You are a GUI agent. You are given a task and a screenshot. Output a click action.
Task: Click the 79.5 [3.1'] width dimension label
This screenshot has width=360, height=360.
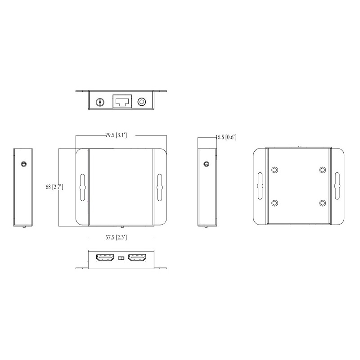[x=116, y=135]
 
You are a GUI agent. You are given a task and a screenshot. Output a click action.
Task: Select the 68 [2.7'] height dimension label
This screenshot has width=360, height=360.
[x=54, y=187]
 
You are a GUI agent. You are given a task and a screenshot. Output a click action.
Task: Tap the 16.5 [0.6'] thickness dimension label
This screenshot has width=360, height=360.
[x=226, y=137]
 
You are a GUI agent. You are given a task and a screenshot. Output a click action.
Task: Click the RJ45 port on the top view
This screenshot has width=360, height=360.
[x=122, y=101]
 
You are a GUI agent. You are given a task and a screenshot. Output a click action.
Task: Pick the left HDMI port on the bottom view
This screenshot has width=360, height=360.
[x=104, y=258]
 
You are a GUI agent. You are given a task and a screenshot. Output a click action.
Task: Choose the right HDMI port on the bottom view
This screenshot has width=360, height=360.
[x=137, y=258]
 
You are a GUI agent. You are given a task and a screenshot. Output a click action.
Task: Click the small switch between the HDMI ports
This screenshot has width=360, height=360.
[x=121, y=259]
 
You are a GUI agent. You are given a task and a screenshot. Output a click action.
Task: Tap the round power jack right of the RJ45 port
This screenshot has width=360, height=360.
[x=143, y=102]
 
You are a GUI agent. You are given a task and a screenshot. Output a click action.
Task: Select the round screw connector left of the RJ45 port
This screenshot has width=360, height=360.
[x=100, y=102]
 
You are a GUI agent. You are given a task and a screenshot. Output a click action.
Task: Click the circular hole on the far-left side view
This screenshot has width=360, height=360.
[x=23, y=164]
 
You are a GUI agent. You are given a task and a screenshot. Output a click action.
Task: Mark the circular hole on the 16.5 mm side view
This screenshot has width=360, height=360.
[x=207, y=164]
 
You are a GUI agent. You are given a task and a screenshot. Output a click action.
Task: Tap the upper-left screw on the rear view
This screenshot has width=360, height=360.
[x=275, y=170]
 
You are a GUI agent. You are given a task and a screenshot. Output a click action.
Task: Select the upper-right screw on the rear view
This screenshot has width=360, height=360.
[x=322, y=170]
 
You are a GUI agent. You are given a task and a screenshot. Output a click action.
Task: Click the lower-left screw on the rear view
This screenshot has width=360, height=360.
[x=275, y=203]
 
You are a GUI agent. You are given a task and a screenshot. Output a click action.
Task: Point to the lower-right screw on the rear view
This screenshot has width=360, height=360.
[x=322, y=203]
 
